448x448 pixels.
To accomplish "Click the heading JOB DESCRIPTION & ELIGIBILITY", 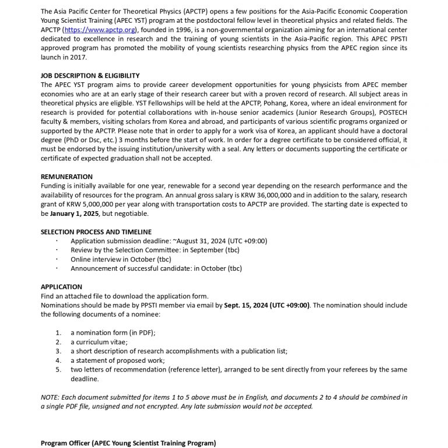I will (x=90, y=76).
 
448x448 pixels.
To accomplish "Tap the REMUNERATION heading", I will (x=66, y=176).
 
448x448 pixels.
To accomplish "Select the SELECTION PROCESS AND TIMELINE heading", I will (x=96, y=232).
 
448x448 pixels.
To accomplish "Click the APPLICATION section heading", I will (x=61, y=286).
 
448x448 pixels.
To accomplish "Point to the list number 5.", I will (x=58, y=370).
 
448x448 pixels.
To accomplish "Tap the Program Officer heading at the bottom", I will (x=128, y=443).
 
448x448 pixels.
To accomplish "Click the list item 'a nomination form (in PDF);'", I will (x=113, y=332).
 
